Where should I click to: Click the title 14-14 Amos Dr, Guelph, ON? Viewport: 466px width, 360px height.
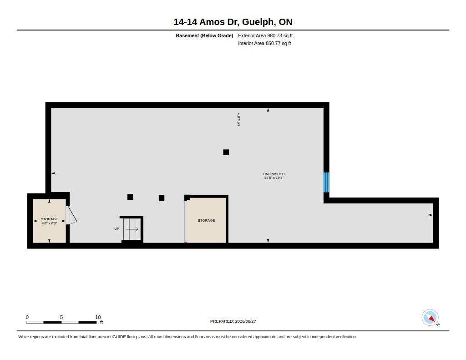click(233, 22)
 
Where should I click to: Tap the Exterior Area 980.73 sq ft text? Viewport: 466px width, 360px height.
click(265, 35)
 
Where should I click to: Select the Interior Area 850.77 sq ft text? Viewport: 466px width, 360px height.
click(264, 43)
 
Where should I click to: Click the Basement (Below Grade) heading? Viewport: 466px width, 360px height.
click(204, 35)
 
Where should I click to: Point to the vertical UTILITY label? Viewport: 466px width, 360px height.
click(238, 119)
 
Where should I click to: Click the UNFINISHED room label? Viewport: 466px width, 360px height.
click(274, 174)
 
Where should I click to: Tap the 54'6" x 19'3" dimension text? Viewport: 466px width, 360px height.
click(274, 178)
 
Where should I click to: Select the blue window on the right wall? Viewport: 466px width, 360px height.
click(326, 182)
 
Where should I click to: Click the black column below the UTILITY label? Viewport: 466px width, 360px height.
click(226, 152)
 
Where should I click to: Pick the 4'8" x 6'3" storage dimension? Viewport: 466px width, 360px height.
click(49, 223)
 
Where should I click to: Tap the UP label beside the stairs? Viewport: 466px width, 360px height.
click(117, 228)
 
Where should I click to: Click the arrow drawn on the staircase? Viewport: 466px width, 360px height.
click(132, 229)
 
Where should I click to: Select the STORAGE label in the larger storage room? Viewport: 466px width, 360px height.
click(206, 221)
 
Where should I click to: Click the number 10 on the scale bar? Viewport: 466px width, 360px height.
click(98, 317)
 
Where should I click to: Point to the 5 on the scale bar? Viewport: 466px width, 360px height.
click(61, 317)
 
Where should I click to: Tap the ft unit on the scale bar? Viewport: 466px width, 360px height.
click(101, 323)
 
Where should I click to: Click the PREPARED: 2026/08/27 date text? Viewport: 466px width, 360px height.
click(233, 321)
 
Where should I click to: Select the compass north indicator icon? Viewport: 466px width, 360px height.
click(430, 318)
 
